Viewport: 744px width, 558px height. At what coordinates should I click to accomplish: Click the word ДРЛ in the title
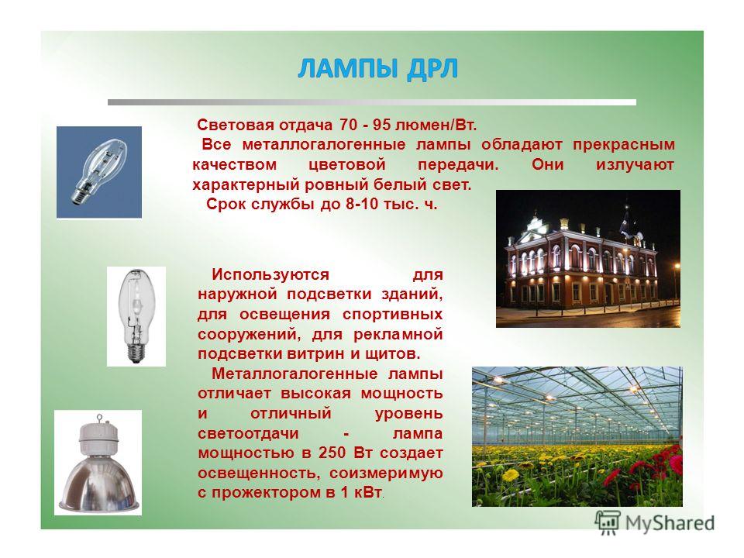(432, 69)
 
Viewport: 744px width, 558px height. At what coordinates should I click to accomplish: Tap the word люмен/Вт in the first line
(435, 126)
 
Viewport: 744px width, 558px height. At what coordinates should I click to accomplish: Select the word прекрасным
(623, 145)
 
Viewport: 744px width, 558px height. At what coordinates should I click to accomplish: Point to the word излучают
(635, 165)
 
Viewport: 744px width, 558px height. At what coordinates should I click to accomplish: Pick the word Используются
(270, 274)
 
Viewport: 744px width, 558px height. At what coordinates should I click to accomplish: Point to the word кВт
(367, 493)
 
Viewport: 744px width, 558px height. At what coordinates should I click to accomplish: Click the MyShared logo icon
(608, 523)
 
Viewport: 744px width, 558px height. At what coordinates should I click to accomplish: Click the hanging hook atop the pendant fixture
(99, 418)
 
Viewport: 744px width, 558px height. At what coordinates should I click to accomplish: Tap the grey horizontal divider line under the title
(371, 102)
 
